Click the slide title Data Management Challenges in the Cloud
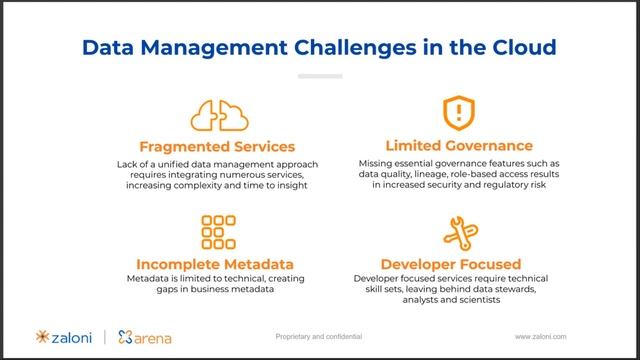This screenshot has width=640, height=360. click(319, 46)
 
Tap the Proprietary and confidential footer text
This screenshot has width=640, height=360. click(319, 337)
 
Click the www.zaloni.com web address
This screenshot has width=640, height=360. click(548, 337)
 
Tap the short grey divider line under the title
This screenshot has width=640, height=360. click(319, 76)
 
